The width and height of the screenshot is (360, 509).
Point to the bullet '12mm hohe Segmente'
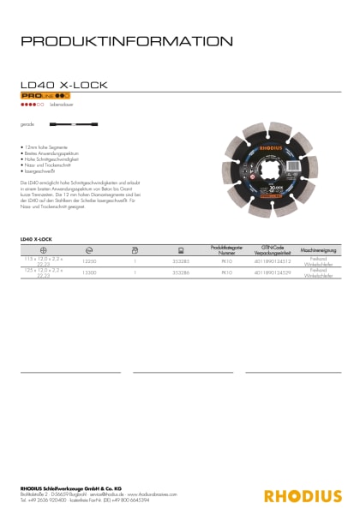coord(46,148)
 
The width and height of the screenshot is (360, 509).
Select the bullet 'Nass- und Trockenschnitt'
coord(50,168)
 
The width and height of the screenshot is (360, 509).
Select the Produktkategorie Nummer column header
coord(226,249)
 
